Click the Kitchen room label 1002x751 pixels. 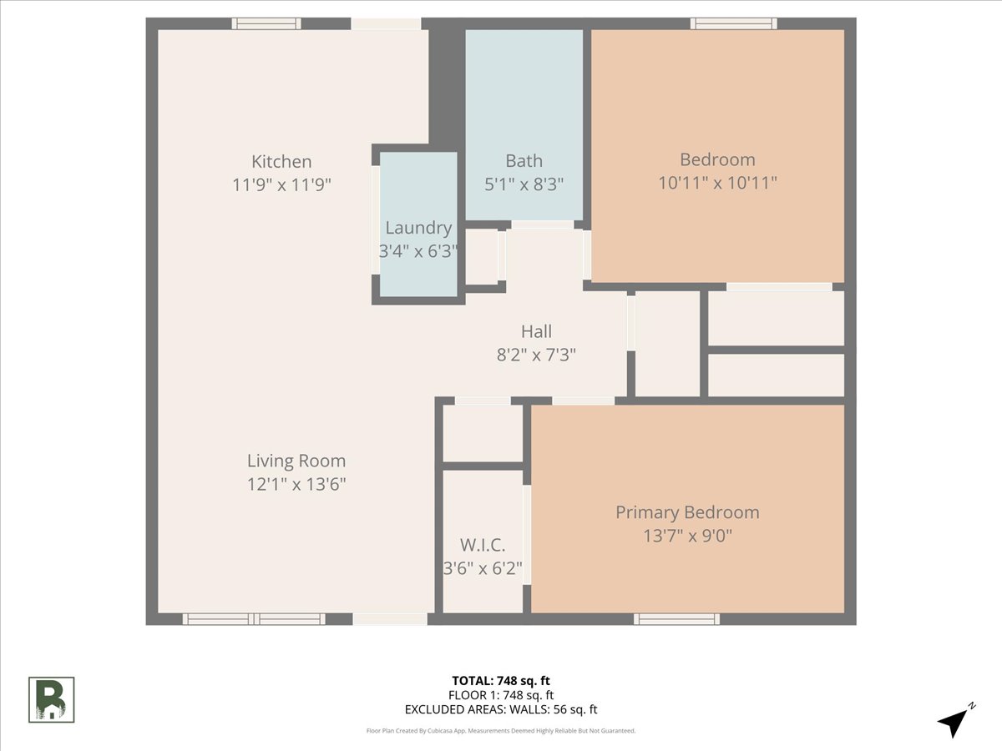pos(281,162)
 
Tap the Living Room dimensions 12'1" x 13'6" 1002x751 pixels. pos(296,484)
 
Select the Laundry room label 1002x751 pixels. pos(418,228)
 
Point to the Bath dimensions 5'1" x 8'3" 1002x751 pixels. pos(524,184)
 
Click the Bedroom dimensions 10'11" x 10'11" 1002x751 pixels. pos(717,183)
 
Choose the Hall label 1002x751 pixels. pos(536,331)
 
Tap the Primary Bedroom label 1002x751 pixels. pos(687,512)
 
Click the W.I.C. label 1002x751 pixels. pos(483,546)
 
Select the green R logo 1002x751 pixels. pos(52,699)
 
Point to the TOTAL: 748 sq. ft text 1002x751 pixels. pos(500,680)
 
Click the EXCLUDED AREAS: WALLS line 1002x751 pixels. pos(500,710)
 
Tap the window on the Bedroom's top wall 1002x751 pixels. pos(733,23)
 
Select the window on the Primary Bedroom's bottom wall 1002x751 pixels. pos(676,619)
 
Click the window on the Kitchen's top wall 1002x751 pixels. pos(266,23)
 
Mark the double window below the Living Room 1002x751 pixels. pos(254,619)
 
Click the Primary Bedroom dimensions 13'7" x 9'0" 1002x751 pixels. pos(687,536)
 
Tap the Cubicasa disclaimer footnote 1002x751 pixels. pos(500,731)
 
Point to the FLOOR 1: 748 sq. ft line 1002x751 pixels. pos(500,695)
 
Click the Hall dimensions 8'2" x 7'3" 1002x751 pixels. pos(536,355)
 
